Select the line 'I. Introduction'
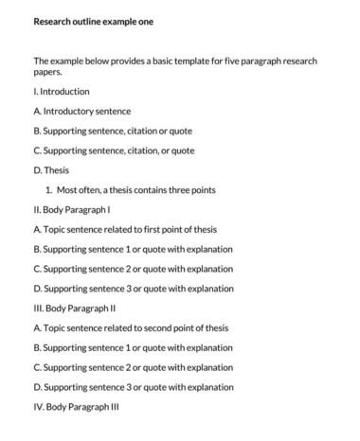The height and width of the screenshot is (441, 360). pyautogui.click(x=62, y=92)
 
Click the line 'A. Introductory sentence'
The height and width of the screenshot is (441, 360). pyautogui.click(x=81, y=111)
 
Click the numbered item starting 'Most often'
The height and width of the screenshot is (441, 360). pyautogui.click(x=136, y=190)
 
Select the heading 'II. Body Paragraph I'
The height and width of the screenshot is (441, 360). pyautogui.click(x=73, y=210)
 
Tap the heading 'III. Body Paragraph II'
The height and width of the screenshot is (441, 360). pyautogui.click(x=76, y=309)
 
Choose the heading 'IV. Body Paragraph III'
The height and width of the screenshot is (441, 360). pyautogui.click(x=76, y=407)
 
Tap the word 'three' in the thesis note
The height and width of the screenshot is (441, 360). pyautogui.click(x=182, y=190)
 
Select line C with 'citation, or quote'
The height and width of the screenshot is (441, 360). pyautogui.click(x=114, y=150)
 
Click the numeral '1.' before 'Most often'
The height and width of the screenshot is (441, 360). pyautogui.click(x=48, y=190)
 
